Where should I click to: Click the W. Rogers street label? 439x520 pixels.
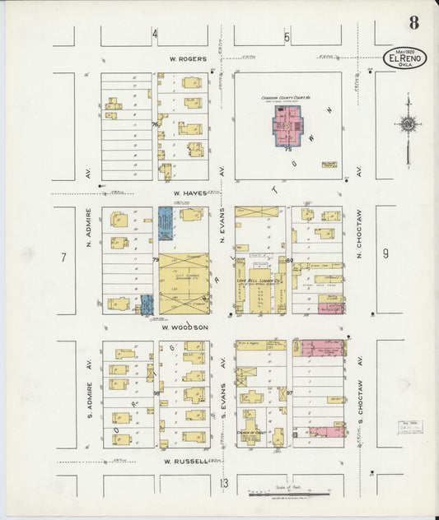[x=186, y=58]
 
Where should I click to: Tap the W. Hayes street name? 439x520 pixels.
[x=189, y=194]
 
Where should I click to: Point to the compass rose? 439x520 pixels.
[x=408, y=125]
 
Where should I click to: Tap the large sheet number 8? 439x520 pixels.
[x=413, y=22]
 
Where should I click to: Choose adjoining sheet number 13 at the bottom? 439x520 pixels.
[x=224, y=483]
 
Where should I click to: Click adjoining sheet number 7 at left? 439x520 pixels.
[x=63, y=258]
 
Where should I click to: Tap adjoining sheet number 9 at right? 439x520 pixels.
[x=385, y=253]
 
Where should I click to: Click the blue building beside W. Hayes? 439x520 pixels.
[x=166, y=223]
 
